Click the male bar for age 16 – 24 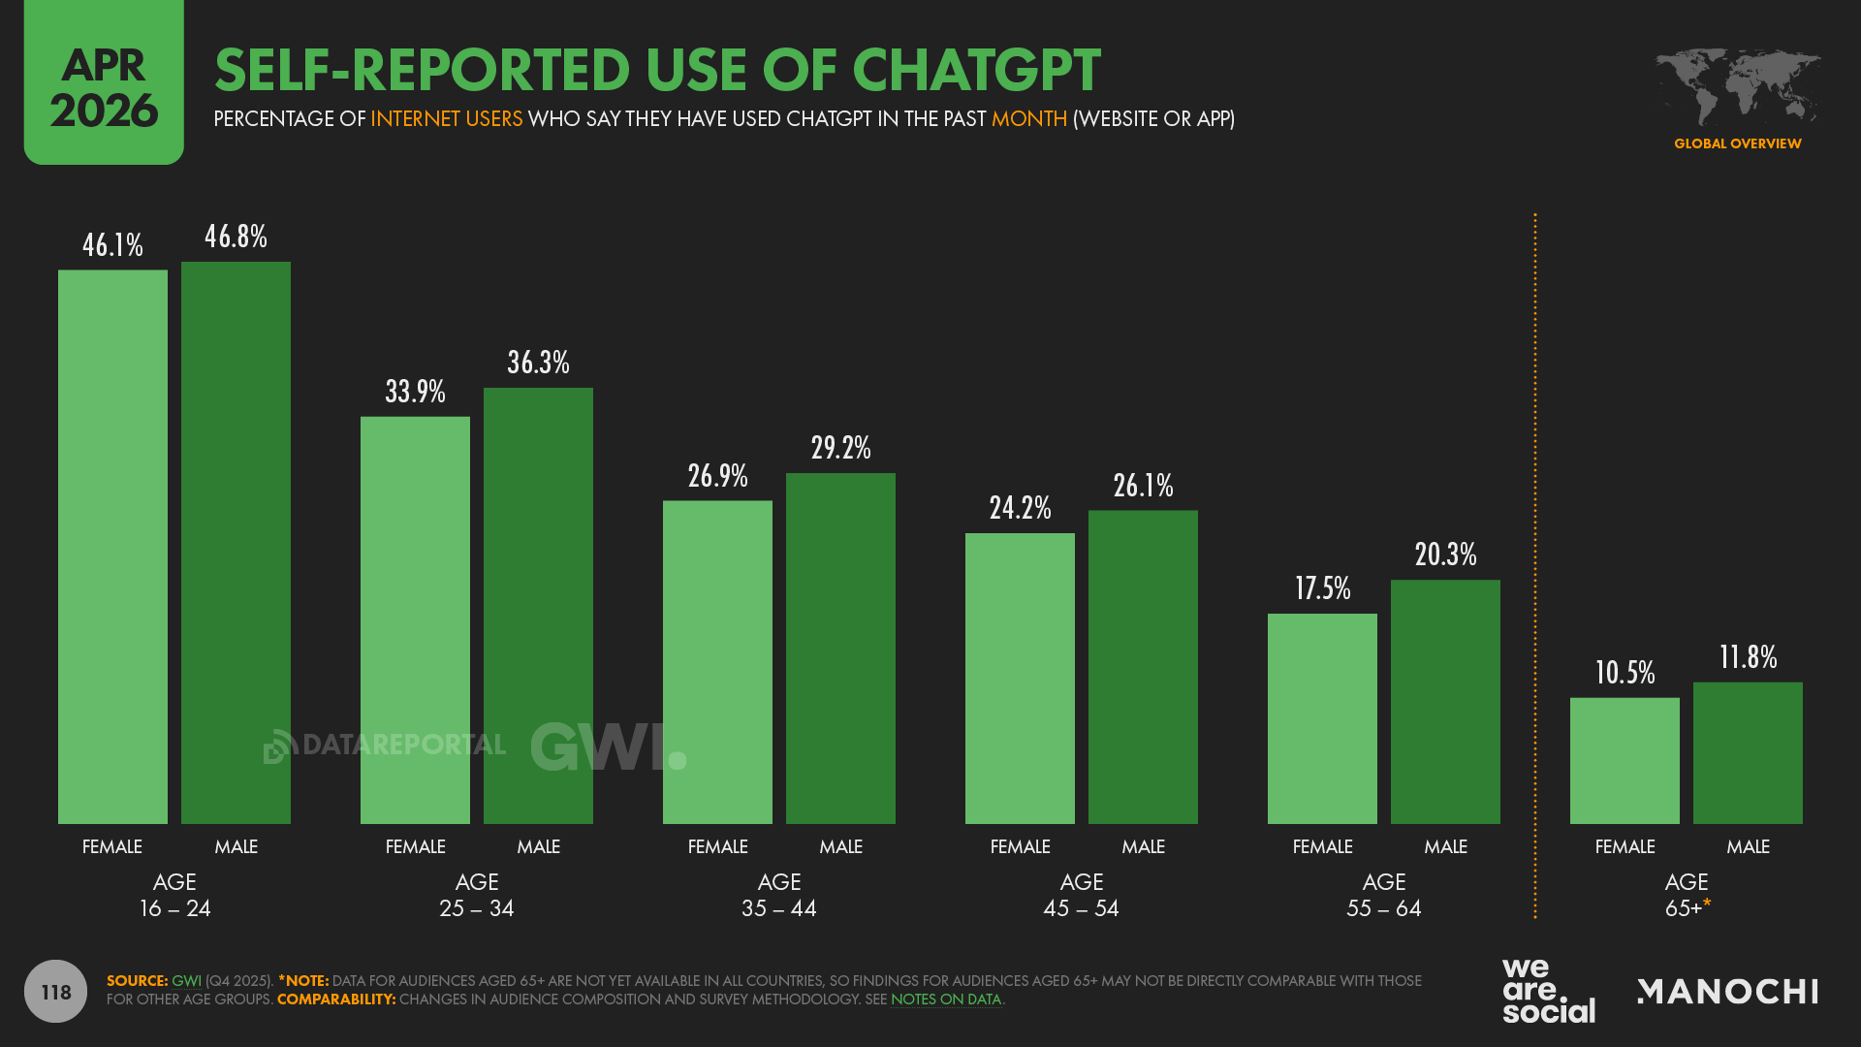point(236,543)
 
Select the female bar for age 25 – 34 point(415,620)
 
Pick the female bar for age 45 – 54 point(1020,679)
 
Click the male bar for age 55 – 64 point(1445,702)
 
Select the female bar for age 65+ point(1624,761)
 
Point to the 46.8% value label point(236,237)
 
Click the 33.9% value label point(415,392)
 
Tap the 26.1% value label point(1143,486)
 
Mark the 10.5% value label point(1624,673)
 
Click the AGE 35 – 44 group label point(779,895)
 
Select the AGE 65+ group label point(1687,895)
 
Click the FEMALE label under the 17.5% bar point(1322,846)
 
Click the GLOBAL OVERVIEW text point(1737,143)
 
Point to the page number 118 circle point(55,991)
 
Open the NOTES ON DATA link point(945,999)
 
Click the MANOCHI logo point(1727,991)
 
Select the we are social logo point(1548,991)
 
